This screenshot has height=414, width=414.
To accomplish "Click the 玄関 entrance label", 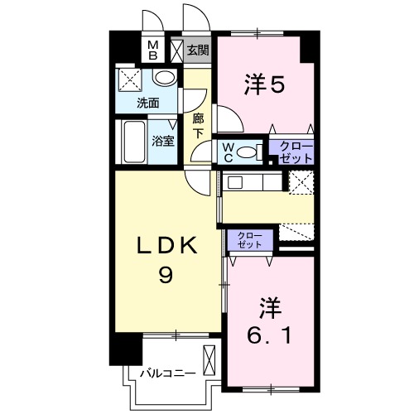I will (197, 50).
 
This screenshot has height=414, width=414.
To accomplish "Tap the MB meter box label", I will (153, 50).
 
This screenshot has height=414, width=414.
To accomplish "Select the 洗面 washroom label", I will (148, 103).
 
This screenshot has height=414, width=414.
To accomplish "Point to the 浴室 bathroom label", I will (162, 140).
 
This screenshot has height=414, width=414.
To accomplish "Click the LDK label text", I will (166, 246).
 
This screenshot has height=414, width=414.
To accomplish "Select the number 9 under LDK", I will (166, 276).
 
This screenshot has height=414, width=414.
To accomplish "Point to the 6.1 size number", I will (271, 335).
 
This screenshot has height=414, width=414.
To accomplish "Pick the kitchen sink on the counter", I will (234, 182).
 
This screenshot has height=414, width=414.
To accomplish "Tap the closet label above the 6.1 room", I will (247, 241).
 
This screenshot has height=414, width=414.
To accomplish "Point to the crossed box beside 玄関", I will (176, 51).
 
